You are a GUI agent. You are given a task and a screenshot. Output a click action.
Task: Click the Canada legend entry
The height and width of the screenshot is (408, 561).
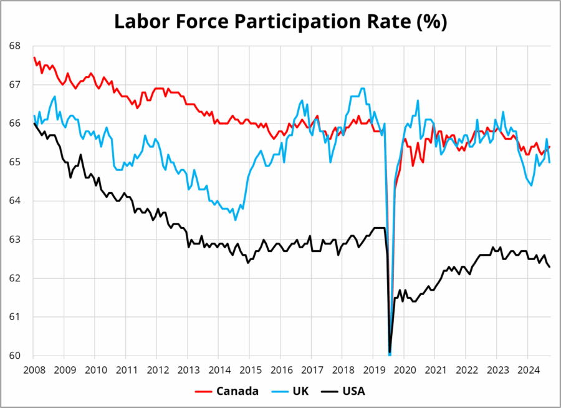237,391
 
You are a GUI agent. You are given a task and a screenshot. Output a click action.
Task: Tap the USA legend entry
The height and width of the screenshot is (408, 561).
352,391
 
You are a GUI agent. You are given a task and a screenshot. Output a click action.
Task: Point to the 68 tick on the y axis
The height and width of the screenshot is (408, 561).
16,46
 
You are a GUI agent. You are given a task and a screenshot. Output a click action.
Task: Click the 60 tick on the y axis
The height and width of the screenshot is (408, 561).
16,356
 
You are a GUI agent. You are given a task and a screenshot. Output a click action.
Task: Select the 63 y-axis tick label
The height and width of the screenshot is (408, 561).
16,240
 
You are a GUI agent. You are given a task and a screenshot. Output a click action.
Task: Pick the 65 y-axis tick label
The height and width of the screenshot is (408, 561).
16,162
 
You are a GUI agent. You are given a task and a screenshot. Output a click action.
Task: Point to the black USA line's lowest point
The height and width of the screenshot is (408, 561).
390,352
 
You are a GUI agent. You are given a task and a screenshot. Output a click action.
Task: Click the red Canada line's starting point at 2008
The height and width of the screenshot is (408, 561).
34,57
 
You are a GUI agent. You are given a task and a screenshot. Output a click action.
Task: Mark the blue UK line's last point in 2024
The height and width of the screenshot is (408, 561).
549,162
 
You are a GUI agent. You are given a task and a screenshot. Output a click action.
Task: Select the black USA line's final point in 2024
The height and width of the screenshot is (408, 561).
549,266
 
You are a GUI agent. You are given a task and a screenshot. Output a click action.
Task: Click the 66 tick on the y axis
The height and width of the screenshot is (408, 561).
16,124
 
